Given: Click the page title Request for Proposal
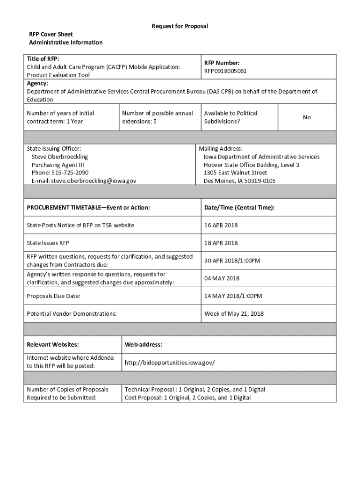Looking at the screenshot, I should [180, 26].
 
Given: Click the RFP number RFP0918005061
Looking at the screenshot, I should [225, 71].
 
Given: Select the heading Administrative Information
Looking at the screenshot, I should [65, 43].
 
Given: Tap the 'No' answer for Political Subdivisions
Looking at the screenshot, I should [307, 117].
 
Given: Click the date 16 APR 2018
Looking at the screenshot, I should [221, 225].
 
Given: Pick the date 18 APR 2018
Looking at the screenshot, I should [221, 243].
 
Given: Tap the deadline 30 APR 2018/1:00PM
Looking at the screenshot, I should [232, 261].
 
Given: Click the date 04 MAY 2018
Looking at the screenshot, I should [222, 278].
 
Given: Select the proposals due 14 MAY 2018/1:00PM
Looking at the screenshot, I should [233, 296].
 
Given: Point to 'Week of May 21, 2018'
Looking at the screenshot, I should [234, 313].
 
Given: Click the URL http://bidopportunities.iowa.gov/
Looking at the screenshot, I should [170, 363].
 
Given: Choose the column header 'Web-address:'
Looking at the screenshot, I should [144, 345].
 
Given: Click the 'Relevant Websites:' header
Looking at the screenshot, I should [53, 345].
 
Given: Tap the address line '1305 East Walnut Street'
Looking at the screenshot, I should [235, 173].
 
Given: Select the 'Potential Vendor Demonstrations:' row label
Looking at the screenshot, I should [72, 313].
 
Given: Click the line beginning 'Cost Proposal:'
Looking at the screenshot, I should [187, 398].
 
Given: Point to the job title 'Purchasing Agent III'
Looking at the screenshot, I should [58, 165].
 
